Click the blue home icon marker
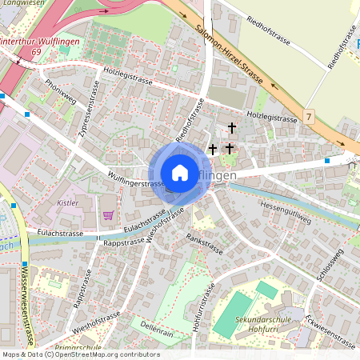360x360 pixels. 180,173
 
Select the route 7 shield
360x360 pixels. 309,117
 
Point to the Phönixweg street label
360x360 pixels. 61,94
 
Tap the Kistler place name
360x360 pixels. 68,203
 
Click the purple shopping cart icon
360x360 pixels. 108,214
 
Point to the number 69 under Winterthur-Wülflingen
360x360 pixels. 36,50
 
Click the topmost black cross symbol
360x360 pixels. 232,127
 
